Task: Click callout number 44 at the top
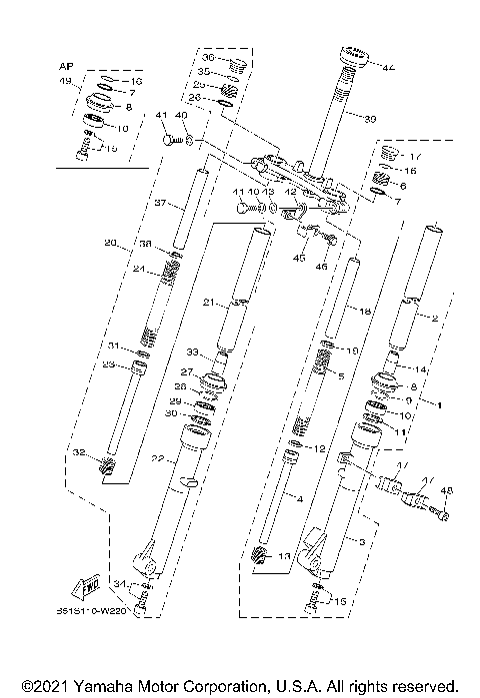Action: pyautogui.click(x=387, y=67)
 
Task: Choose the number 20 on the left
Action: pyautogui.click(x=110, y=243)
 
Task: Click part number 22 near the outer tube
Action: pyautogui.click(x=157, y=458)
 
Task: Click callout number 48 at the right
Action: pyautogui.click(x=446, y=490)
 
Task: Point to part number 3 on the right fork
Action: pyautogui.click(x=360, y=539)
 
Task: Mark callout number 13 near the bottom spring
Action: pyautogui.click(x=284, y=556)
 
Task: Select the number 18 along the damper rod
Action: pyautogui.click(x=365, y=313)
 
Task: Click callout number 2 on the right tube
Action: pyautogui.click(x=435, y=318)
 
